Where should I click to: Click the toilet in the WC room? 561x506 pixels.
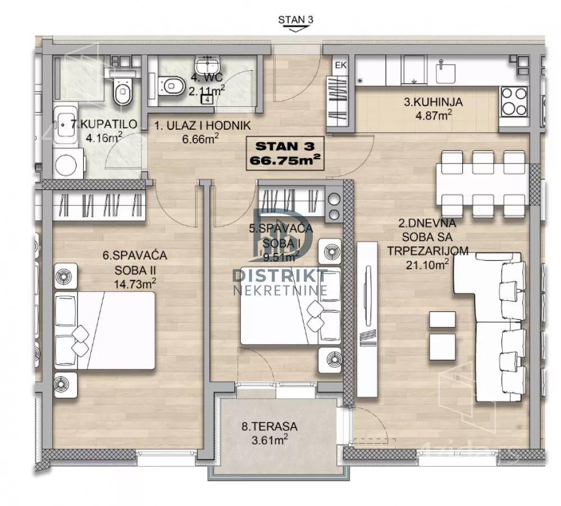pyautogui.click(x=171, y=86)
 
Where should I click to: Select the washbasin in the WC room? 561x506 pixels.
pyautogui.click(x=207, y=66)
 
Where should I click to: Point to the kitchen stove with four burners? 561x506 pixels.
pyautogui.click(x=514, y=102)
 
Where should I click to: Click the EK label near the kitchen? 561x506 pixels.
pyautogui.click(x=341, y=65)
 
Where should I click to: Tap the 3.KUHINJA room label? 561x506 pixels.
pyautogui.click(x=433, y=102)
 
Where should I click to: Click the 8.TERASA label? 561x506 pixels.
pyautogui.click(x=270, y=427)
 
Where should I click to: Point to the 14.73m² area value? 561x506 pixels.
pyautogui.click(x=135, y=283)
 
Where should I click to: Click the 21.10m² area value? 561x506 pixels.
pyautogui.click(x=427, y=265)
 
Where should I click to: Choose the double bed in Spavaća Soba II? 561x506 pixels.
pyautogui.click(x=105, y=331)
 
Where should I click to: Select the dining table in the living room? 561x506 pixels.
pyautogui.click(x=482, y=184)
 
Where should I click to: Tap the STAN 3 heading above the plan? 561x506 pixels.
pyautogui.click(x=295, y=20)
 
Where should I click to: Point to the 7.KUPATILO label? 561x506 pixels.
pyautogui.click(x=104, y=124)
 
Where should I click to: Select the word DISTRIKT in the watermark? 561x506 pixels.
pyautogui.click(x=280, y=275)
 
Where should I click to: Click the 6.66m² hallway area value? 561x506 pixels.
pyautogui.click(x=200, y=138)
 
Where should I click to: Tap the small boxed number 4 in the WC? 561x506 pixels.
pyautogui.click(x=208, y=100)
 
